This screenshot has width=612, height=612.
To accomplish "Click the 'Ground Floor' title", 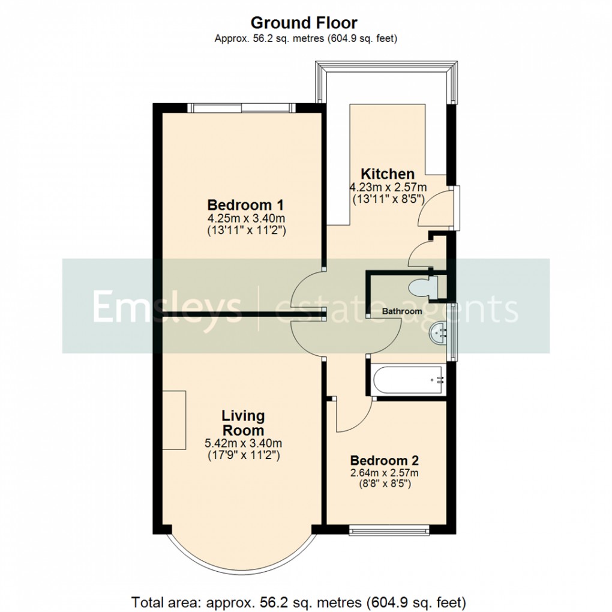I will point(304,23).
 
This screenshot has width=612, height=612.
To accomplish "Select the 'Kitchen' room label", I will point(387,174).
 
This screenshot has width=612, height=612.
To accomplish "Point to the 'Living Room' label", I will point(243,423).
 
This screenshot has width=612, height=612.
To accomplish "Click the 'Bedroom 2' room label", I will point(384,461).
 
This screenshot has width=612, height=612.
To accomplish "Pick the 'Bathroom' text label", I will point(402,312).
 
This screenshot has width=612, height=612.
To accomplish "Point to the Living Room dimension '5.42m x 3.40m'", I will point(243,444).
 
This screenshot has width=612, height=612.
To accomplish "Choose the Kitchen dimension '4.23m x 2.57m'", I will point(388,188).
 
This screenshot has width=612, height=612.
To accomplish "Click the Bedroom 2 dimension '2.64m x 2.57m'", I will point(384,473).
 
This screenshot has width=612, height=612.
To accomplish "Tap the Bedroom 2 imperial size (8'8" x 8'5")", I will point(384,484).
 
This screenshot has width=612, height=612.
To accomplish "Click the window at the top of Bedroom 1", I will point(242,108).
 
